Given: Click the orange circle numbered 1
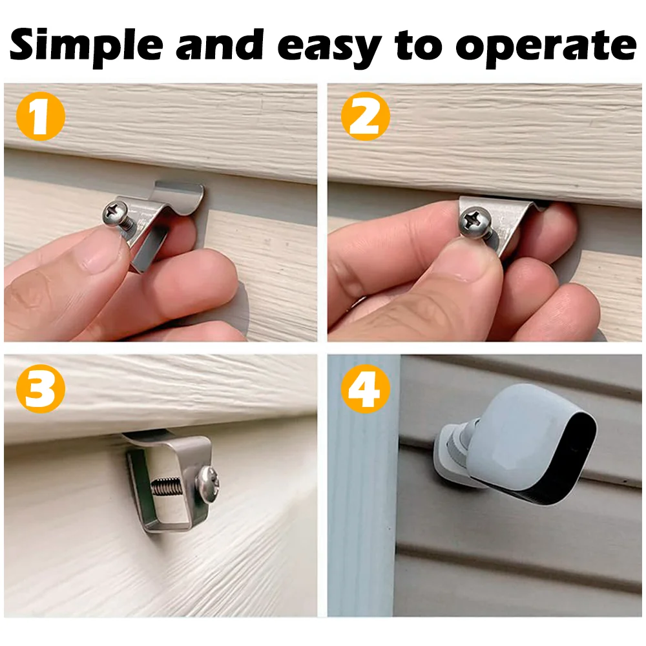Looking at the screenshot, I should click(40, 117).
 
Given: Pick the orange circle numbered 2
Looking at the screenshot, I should click(366, 117).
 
